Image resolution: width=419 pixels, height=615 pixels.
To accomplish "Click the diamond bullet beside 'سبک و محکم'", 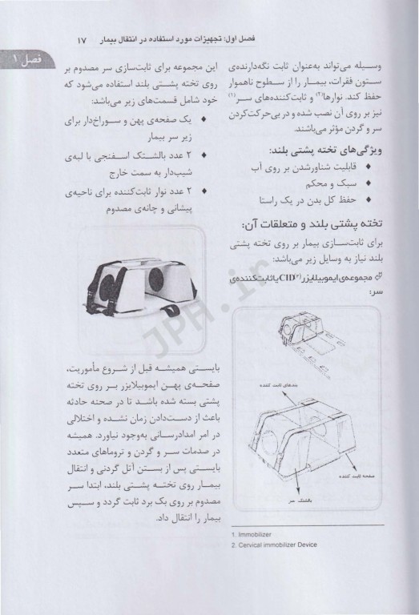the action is (x=368, y=183).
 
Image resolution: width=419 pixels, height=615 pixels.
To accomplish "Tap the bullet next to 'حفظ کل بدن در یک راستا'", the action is (x=368, y=199).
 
